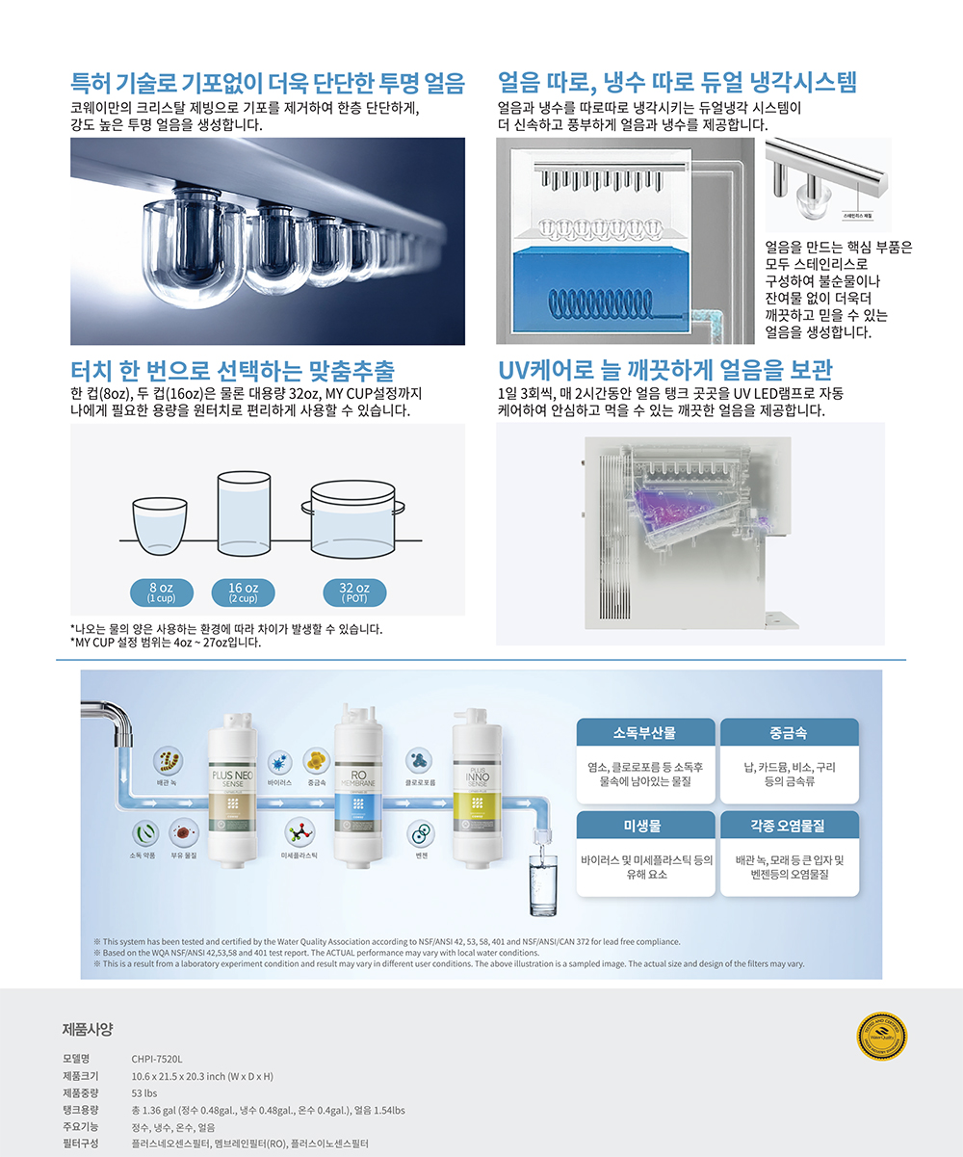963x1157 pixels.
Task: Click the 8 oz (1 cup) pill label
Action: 161,592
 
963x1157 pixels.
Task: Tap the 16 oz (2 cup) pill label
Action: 243,592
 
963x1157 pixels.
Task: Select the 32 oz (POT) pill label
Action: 354,592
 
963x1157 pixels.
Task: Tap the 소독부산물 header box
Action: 645,732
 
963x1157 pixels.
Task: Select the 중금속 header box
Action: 789,732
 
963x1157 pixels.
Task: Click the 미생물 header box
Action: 645,826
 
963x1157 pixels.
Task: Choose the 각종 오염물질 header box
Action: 789,826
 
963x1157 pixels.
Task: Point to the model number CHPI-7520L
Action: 157,1058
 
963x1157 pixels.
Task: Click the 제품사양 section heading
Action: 88,1029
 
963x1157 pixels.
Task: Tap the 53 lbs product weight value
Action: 144,1092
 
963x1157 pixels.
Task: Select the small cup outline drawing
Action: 161,527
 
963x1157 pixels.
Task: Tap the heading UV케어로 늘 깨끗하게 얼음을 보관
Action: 664,370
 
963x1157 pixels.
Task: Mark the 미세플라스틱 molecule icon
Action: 299,834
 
